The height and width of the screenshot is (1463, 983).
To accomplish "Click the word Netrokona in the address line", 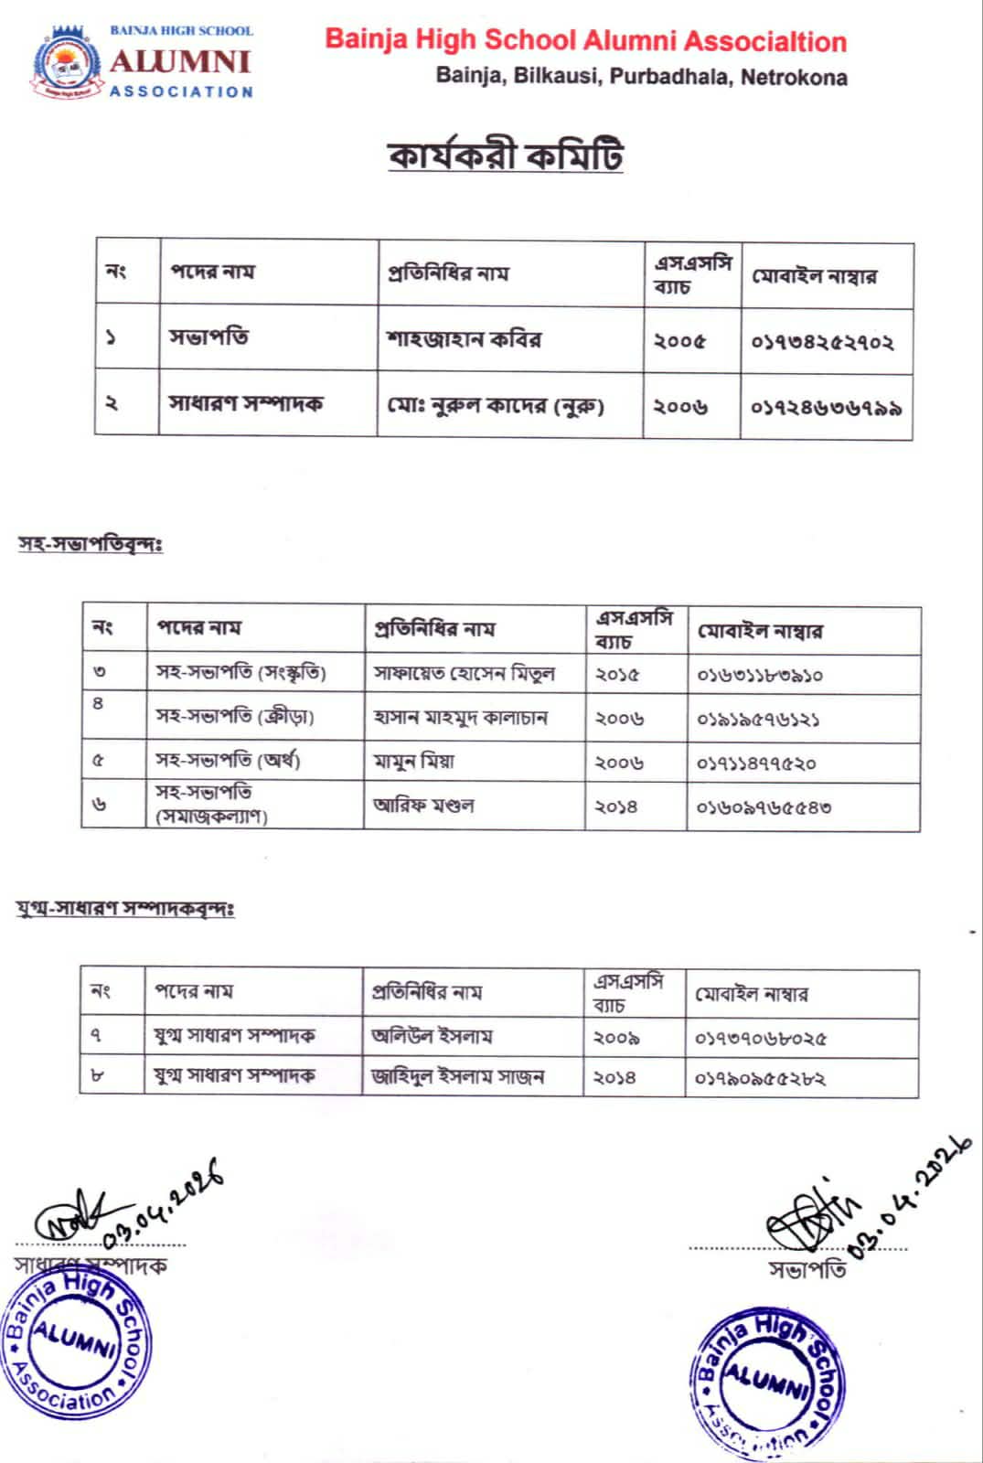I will (794, 77).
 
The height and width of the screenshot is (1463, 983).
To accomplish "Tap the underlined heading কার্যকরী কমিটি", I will (506, 155).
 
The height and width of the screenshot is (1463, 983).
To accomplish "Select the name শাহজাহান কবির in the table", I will (464, 339).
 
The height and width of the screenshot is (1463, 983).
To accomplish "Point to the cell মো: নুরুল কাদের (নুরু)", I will (495, 404).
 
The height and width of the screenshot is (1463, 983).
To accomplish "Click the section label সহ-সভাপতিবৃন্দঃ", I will (91, 544).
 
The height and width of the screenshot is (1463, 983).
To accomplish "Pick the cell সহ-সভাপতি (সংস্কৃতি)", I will (240, 673).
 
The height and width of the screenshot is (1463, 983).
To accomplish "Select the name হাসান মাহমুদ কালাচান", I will (460, 718).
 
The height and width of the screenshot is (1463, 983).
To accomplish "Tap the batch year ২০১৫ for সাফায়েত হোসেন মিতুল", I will (617, 675).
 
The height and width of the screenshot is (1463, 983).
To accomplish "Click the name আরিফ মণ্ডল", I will (423, 806).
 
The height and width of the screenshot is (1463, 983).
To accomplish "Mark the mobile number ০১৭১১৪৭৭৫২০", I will (756, 763).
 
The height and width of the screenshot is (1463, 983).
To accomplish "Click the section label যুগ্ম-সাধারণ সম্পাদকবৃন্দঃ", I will (126, 909).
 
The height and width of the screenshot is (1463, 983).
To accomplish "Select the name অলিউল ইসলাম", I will (432, 1036).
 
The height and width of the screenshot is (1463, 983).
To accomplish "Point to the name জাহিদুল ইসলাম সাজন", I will (457, 1077).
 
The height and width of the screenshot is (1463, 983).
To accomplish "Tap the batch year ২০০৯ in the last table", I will (615, 1038).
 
